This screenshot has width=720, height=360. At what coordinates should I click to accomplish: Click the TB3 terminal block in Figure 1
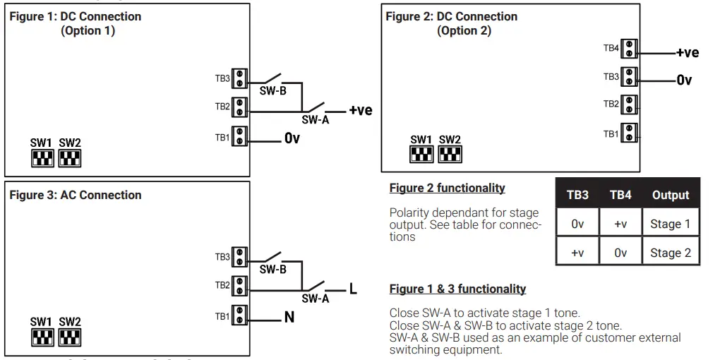coord(240,78)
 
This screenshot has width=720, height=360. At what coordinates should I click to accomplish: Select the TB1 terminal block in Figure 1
coord(240,137)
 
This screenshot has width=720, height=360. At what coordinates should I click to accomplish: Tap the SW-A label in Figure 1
coord(316,120)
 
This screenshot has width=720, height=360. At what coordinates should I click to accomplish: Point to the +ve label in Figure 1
coord(360,110)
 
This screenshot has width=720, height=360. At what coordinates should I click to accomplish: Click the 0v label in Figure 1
coord(292,138)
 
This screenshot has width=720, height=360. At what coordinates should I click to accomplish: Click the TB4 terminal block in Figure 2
coord(629,48)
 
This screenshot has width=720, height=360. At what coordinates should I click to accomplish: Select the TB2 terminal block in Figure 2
coord(629,104)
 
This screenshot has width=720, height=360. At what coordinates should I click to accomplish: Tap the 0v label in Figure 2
coord(684,80)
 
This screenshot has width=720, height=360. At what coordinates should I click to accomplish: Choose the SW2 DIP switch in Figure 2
coord(450,154)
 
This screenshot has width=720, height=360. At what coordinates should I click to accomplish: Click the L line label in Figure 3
coord(353,289)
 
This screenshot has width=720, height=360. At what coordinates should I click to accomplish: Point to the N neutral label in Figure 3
coord(289,318)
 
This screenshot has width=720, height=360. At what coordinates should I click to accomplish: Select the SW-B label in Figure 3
coord(272,270)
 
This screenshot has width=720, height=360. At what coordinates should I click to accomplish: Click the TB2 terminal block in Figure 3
coord(240,286)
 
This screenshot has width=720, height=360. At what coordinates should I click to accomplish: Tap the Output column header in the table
coord(670,195)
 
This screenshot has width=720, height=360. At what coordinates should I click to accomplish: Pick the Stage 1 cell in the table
coord(670,224)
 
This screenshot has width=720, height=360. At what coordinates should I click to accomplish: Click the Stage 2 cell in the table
coord(670,253)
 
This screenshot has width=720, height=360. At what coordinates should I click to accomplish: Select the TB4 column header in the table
coord(620,195)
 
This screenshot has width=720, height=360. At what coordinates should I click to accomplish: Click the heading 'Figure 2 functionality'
coord(447,188)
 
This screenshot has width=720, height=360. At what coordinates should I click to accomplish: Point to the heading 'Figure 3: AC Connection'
coord(76,195)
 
